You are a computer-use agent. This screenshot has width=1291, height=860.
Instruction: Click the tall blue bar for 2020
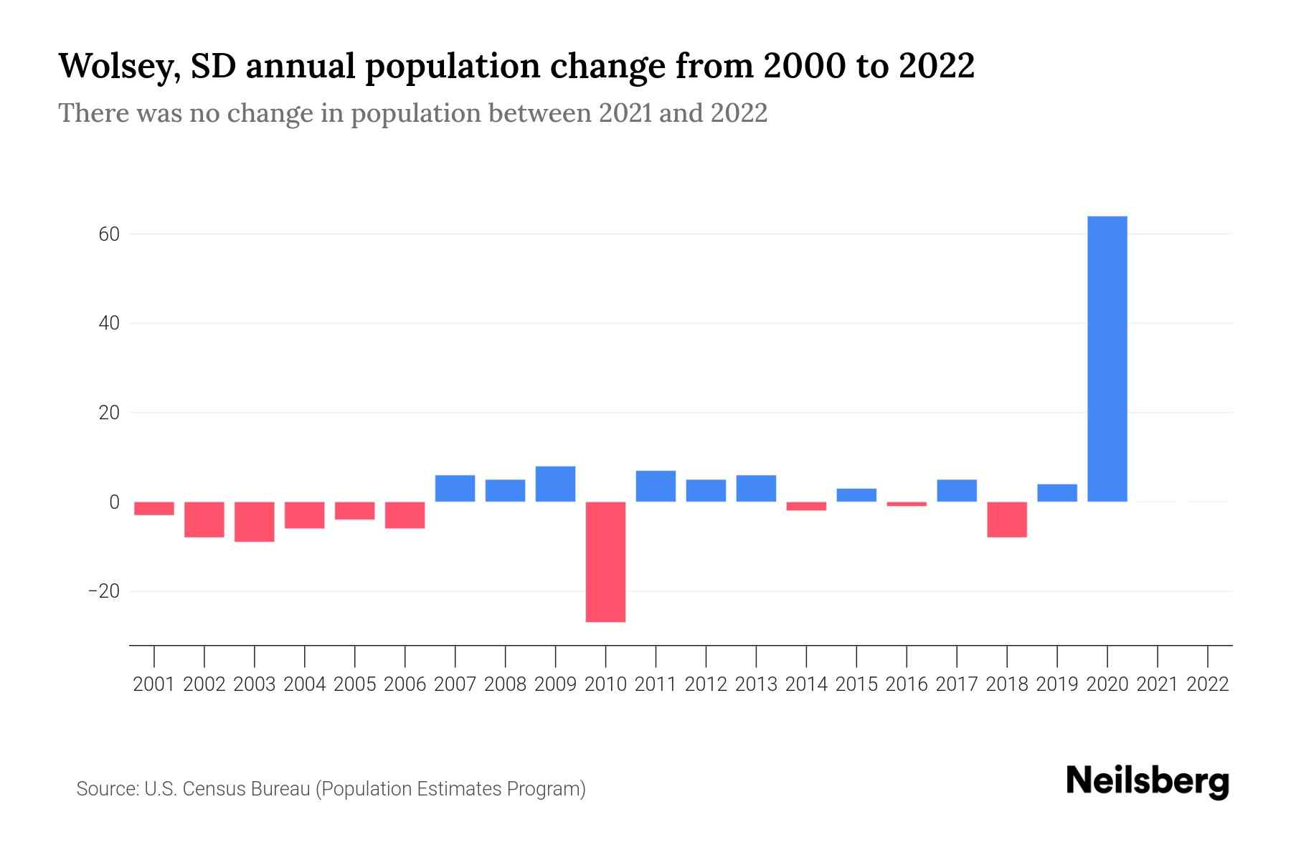pyautogui.click(x=1107, y=358)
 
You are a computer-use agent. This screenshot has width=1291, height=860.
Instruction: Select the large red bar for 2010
pyautogui.click(x=605, y=561)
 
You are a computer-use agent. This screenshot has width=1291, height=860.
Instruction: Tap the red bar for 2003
pyautogui.click(x=255, y=522)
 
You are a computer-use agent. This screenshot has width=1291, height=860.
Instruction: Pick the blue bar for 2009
pyautogui.click(x=555, y=484)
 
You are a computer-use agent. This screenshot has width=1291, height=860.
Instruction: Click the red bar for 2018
pyautogui.click(x=1007, y=520)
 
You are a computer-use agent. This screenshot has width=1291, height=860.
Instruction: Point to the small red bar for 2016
pyautogui.click(x=907, y=504)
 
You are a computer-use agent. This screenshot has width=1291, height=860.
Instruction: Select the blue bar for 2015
pyautogui.click(x=856, y=495)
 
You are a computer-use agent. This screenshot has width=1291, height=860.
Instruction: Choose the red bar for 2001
pyautogui.click(x=154, y=508)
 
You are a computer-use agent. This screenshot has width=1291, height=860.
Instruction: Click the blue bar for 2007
pyautogui.click(x=455, y=488)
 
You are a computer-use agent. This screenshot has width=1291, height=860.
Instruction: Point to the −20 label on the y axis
pyautogui.click(x=103, y=591)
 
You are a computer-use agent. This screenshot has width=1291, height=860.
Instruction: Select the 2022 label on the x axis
pyautogui.click(x=1208, y=684)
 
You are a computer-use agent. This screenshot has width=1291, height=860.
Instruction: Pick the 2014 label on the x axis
pyautogui.click(x=806, y=684)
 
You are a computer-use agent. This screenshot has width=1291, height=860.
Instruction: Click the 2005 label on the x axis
pyautogui.click(x=355, y=684)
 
